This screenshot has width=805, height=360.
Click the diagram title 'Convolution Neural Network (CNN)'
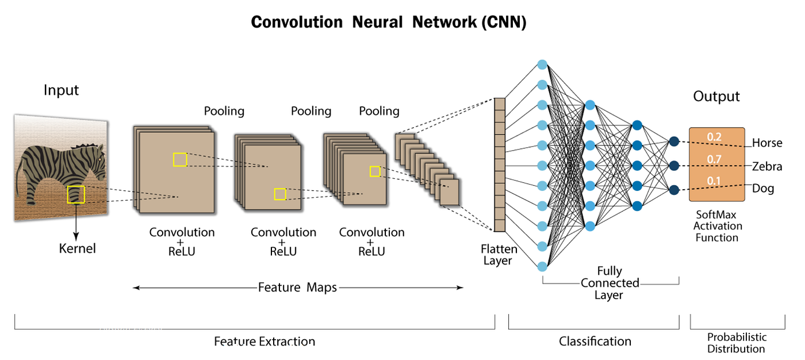389,22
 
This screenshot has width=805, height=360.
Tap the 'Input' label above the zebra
61,90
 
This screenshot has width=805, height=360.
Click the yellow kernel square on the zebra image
76,194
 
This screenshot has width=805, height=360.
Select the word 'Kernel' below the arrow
77,249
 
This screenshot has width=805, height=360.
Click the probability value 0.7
714,159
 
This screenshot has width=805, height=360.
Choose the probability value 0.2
714,137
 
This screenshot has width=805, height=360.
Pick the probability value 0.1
714,181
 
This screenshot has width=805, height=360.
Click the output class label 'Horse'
767,143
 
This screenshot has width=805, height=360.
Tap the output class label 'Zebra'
767,167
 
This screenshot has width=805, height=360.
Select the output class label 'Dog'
763,189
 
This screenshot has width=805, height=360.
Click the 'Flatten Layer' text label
499,255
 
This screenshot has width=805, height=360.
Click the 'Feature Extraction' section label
264,342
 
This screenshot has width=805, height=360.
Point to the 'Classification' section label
595,342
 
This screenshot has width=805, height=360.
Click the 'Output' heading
716,96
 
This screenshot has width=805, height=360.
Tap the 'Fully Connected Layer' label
609,283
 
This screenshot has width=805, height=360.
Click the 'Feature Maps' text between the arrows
297,287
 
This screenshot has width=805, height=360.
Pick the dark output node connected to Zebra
674,166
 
